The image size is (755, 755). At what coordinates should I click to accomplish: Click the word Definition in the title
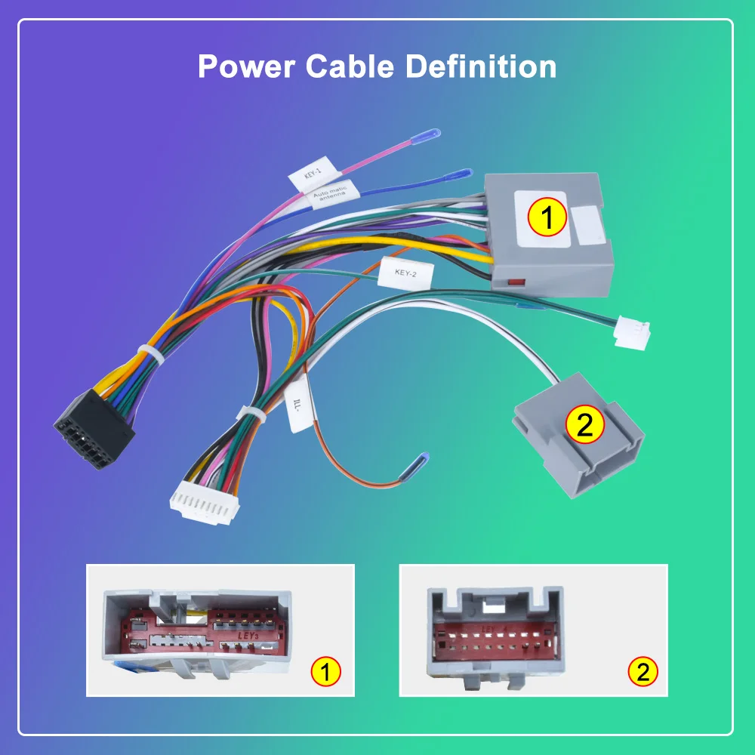tap(481, 66)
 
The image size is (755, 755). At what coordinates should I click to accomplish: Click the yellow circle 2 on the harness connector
tap(584, 425)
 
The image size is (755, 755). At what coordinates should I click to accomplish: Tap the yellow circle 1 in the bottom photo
tap(325, 671)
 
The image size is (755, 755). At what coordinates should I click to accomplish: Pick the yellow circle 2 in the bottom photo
tap(643, 671)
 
